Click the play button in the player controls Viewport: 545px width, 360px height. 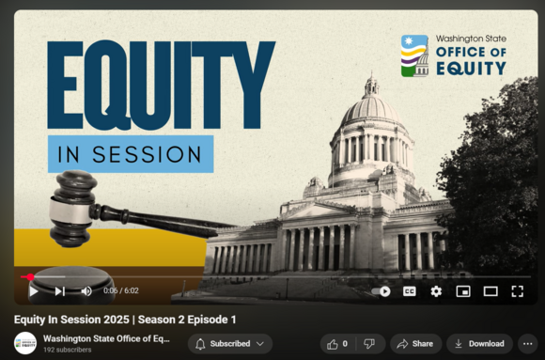tap(34, 291)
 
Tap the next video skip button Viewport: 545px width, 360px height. tap(59, 291)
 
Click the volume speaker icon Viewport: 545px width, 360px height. tap(86, 291)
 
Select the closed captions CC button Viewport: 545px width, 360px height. tap(409, 291)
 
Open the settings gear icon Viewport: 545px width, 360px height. tap(436, 291)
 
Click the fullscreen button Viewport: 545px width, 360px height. tap(517, 291)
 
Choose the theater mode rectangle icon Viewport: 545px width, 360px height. tap(490, 291)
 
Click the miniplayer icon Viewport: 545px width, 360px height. tap(462, 291)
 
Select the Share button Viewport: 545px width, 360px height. tap(415, 344)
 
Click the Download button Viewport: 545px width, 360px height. tap(479, 344)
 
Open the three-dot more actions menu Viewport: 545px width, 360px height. tap(527, 344)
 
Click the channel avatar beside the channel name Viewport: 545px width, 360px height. tap(25, 343)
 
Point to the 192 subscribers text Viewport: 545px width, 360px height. tap(69, 351)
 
